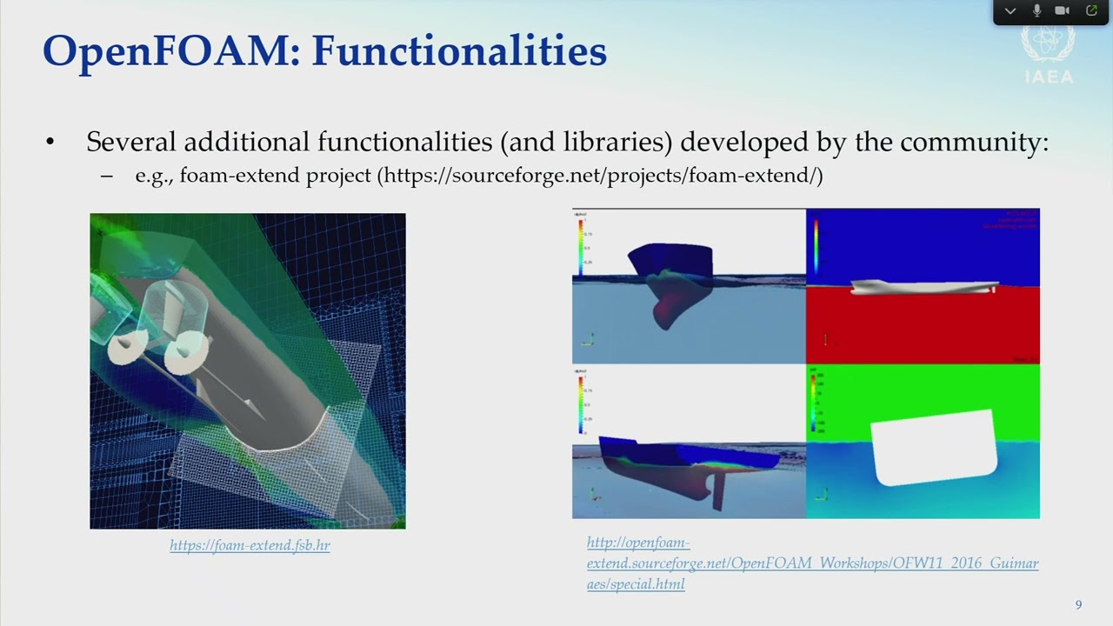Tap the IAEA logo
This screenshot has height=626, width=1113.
click(x=1048, y=55)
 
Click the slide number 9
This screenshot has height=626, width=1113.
click(x=1078, y=605)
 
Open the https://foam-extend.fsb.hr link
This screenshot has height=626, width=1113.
click(x=250, y=546)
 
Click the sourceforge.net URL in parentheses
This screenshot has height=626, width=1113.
click(x=600, y=176)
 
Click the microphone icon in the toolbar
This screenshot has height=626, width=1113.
click(x=1036, y=10)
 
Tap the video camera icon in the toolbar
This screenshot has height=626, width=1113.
click(x=1062, y=10)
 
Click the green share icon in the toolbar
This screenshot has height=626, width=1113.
click(x=1091, y=10)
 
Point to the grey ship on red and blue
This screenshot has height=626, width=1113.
click(x=922, y=287)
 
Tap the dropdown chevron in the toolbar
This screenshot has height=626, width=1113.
click(x=1010, y=11)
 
